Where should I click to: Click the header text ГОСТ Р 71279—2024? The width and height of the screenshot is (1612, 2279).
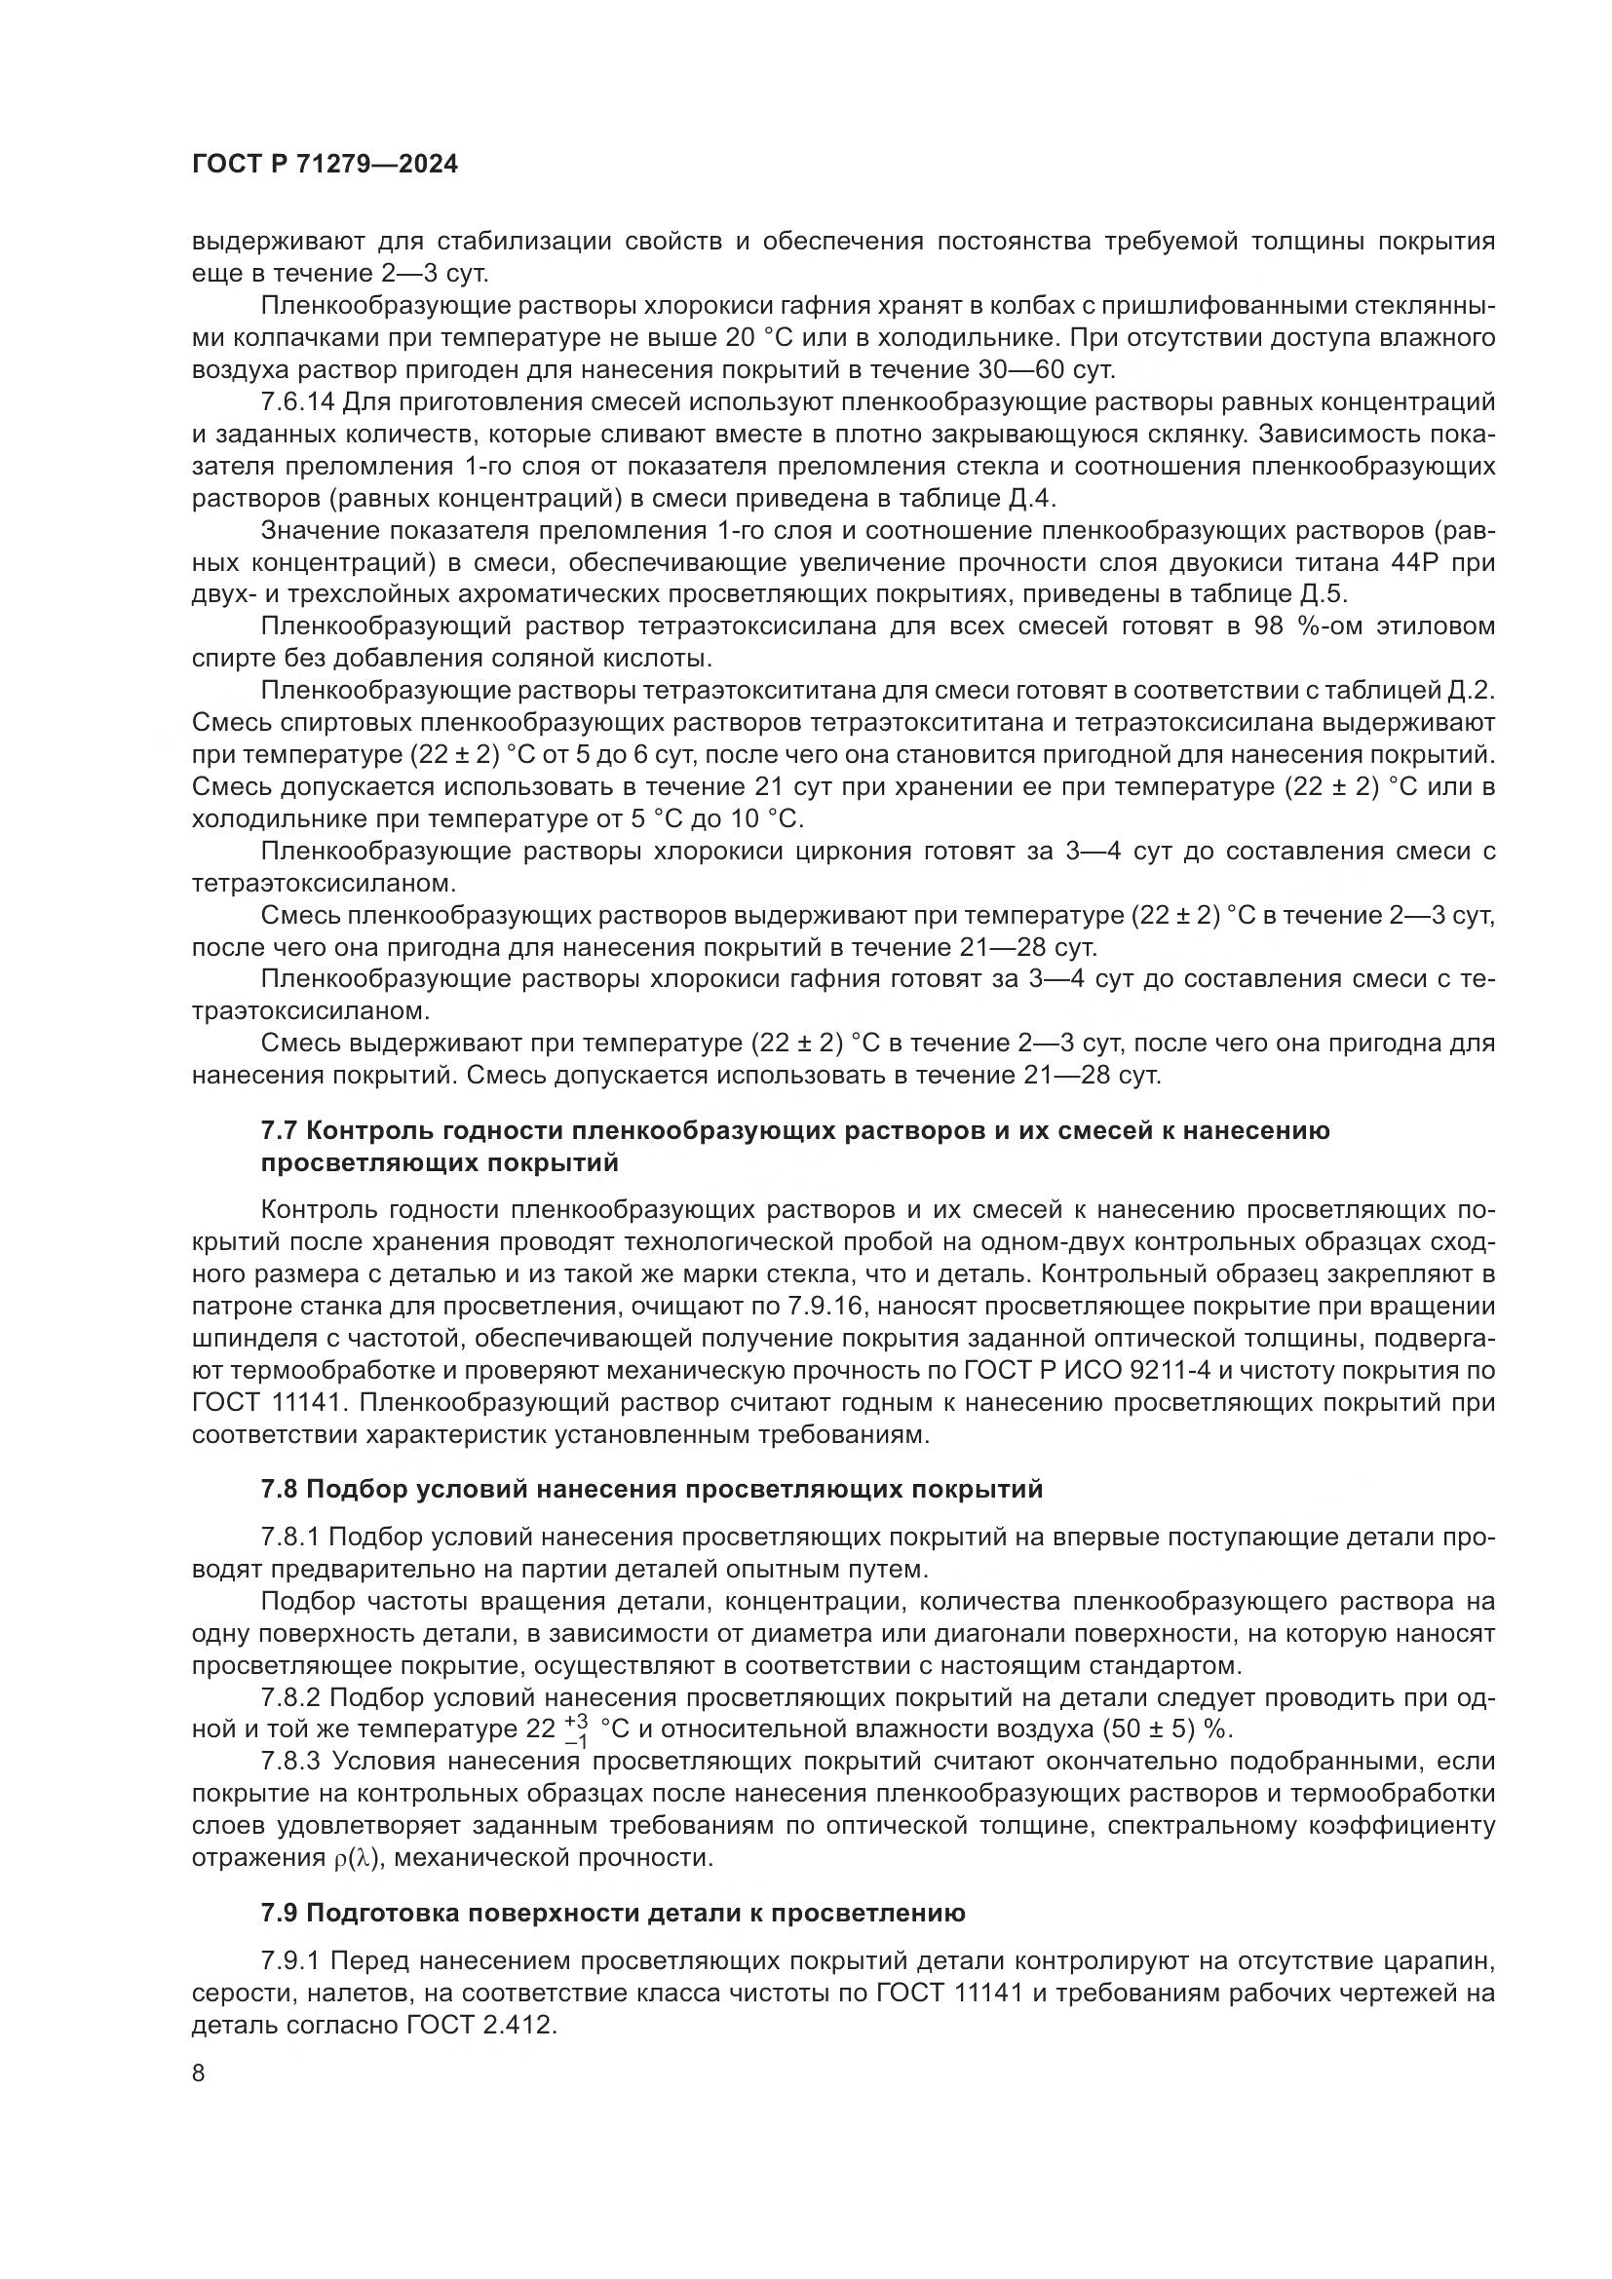[325, 165]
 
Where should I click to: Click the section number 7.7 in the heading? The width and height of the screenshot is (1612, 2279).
[280, 1130]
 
